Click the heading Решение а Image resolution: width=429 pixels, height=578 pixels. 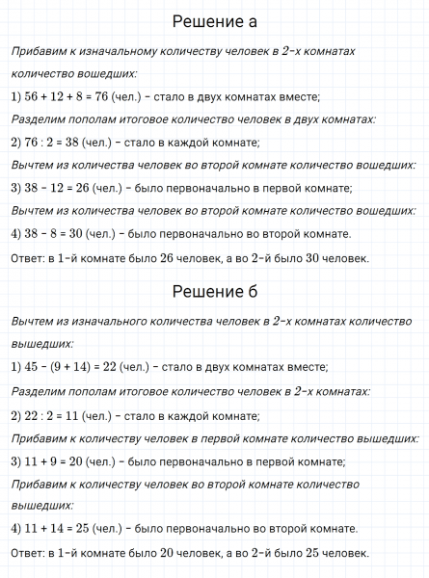click(x=214, y=21)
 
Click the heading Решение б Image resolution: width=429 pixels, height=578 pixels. click(x=214, y=291)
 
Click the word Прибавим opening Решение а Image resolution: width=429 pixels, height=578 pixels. click(x=36, y=50)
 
